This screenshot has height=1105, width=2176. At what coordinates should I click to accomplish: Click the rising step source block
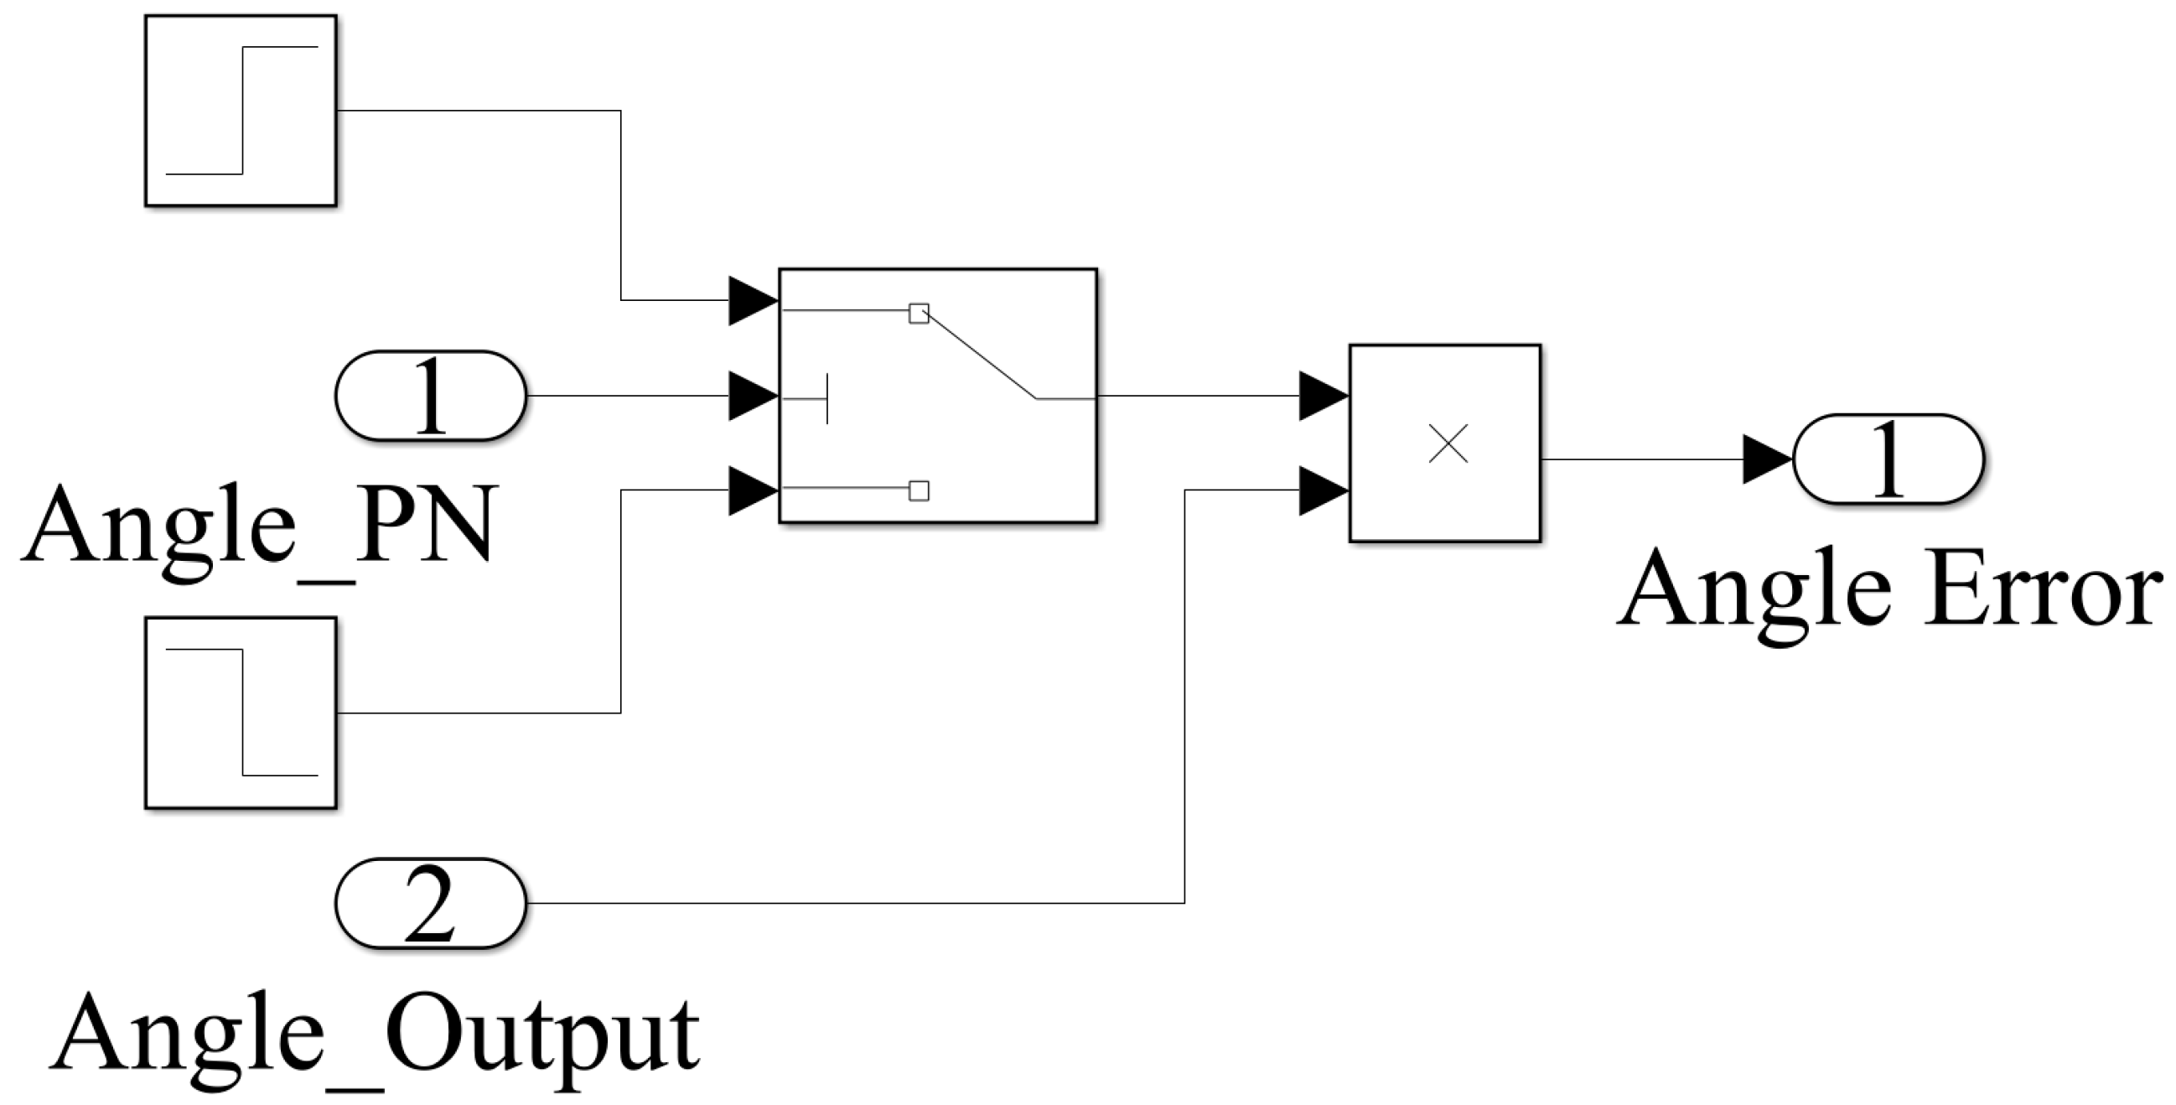point(241,111)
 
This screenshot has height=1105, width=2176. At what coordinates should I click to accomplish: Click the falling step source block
point(241,712)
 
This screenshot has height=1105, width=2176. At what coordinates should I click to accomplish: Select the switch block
point(938,396)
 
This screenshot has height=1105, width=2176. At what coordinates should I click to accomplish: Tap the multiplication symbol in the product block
point(1448,444)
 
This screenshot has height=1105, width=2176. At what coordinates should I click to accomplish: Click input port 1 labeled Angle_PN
point(431,396)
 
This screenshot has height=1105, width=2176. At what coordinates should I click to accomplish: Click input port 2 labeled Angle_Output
point(431,903)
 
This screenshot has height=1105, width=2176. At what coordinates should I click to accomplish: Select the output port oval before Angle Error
point(1888,459)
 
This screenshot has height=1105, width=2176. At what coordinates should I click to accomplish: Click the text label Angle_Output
point(376,1035)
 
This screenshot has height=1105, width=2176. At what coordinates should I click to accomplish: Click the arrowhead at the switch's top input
point(752,300)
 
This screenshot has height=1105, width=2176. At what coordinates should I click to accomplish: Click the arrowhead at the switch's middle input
point(752,396)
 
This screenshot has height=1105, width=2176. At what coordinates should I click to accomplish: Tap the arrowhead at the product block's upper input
point(1322,396)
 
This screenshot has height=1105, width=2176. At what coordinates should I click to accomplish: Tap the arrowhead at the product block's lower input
point(1322,490)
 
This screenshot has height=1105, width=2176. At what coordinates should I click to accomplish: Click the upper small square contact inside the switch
point(918,314)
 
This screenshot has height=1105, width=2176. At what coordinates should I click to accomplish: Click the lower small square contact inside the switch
point(918,490)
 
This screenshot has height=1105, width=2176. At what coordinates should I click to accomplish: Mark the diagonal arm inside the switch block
point(980,355)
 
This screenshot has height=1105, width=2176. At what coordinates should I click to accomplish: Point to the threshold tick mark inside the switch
point(827,398)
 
